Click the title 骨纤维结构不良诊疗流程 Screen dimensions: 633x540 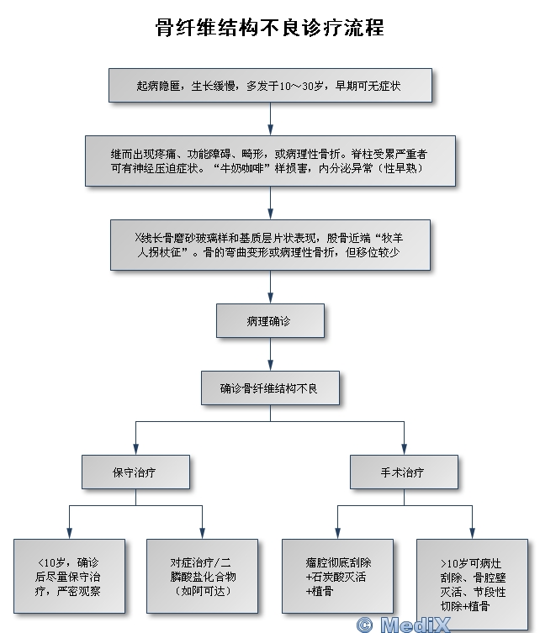tap(269, 28)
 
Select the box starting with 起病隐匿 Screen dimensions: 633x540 tap(270, 85)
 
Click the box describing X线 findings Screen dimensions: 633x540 tap(270, 245)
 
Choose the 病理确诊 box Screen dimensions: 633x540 tap(270, 320)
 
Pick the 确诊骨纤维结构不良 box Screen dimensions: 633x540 tap(270, 388)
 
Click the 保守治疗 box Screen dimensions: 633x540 tap(135, 472)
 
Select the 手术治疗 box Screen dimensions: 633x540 tap(403, 472)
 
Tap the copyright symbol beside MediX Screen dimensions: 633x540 tap(363, 624)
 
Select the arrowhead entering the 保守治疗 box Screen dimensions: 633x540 tap(135, 449)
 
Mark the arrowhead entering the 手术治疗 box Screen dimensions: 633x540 tap(404, 449)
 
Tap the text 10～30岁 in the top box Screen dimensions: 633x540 tap(298, 85)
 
